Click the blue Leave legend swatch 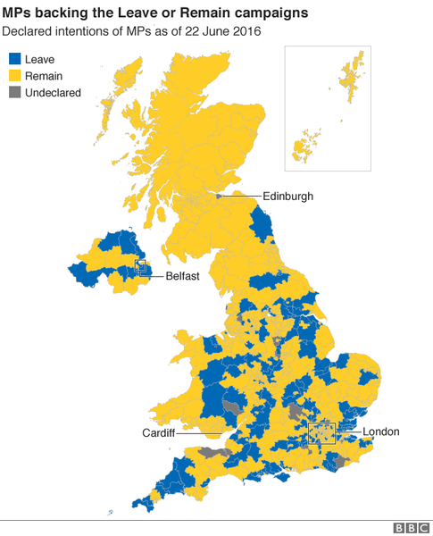(14, 59)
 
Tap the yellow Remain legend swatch (14, 75)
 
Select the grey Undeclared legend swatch (14, 92)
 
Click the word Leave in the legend (40, 59)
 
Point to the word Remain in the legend (45, 75)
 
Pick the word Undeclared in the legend (53, 92)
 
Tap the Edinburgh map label (287, 196)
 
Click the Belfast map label (182, 276)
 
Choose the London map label (380, 432)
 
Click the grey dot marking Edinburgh (219, 196)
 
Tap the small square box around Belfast (139, 265)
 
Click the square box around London (321, 433)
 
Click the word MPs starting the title (17, 13)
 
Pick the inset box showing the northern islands (327, 108)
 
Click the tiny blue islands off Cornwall (110, 513)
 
